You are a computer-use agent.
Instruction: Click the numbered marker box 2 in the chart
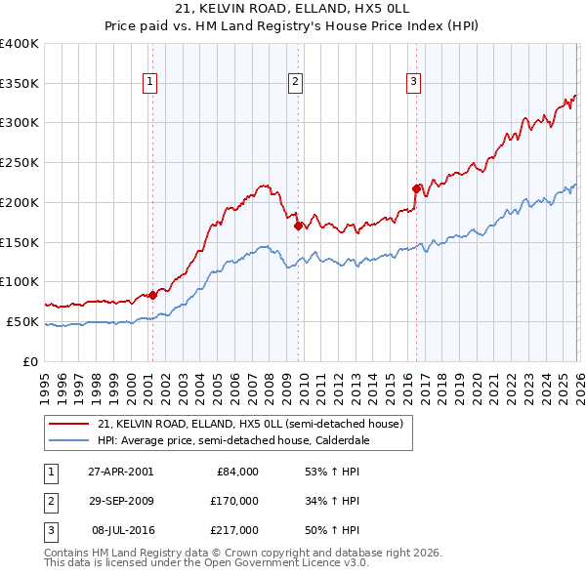click(295, 83)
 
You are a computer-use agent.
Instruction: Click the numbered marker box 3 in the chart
click(413, 83)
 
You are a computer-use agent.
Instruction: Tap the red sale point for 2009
click(298, 226)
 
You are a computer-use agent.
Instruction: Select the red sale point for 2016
click(416, 187)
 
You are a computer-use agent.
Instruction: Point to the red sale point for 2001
click(153, 294)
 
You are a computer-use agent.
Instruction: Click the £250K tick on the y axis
click(20, 162)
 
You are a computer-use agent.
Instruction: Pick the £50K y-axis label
click(22, 321)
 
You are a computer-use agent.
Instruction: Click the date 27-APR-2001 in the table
click(120, 472)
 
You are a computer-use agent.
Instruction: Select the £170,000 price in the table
click(232, 500)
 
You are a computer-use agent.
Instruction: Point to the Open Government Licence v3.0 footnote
click(206, 563)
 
